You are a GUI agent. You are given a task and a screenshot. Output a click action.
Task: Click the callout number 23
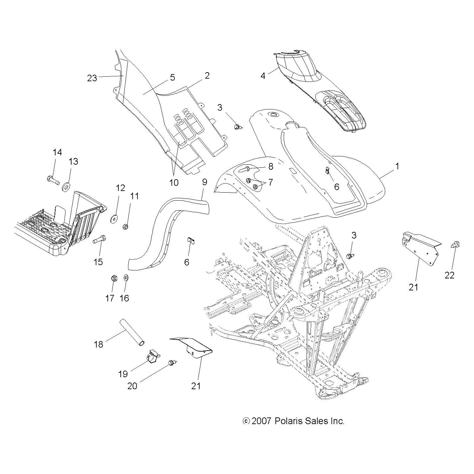[x=92, y=78]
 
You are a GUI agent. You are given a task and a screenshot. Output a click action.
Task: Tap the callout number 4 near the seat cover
[x=263, y=76]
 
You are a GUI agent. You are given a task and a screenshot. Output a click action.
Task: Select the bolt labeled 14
[x=53, y=181]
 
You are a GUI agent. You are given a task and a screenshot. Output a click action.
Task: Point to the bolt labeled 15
[x=100, y=239]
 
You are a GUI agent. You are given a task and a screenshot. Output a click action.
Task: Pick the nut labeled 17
[x=113, y=278]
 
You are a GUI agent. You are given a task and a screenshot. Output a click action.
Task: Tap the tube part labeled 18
[x=132, y=336]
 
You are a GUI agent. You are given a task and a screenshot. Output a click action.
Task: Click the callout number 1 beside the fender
[x=397, y=166]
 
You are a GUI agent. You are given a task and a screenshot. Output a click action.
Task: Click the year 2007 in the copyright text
[x=262, y=421]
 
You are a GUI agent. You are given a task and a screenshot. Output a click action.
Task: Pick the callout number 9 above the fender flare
[x=205, y=182]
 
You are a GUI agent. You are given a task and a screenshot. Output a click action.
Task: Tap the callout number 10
[x=174, y=182]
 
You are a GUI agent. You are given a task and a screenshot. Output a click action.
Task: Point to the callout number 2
[x=207, y=76]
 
